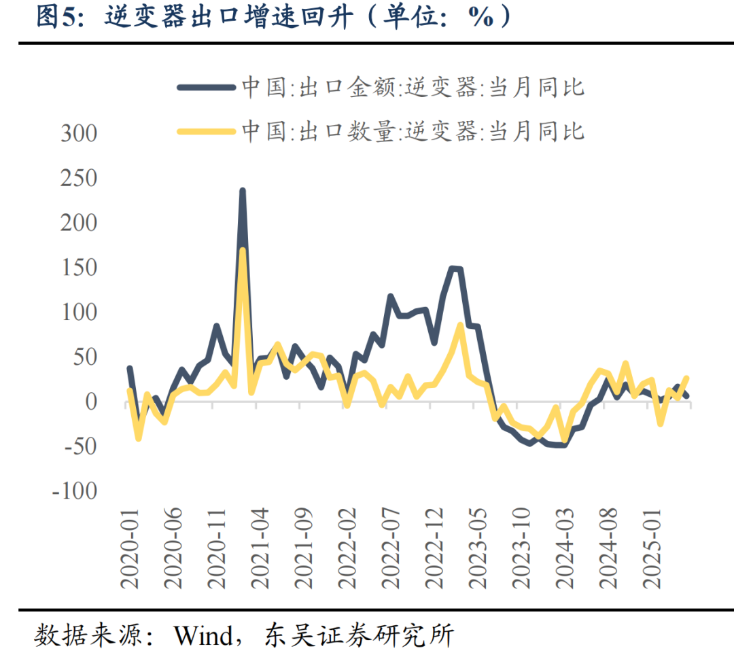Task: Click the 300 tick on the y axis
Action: tap(79, 133)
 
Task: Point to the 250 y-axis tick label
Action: tap(79, 178)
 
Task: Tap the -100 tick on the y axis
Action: tap(74, 491)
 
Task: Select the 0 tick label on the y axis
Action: tap(90, 402)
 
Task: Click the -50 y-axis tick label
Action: tap(79, 446)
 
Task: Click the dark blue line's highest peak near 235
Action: tap(242, 192)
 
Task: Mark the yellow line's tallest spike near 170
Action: tap(242, 250)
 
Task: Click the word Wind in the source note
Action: tap(203, 636)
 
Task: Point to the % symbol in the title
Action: tap(480, 18)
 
